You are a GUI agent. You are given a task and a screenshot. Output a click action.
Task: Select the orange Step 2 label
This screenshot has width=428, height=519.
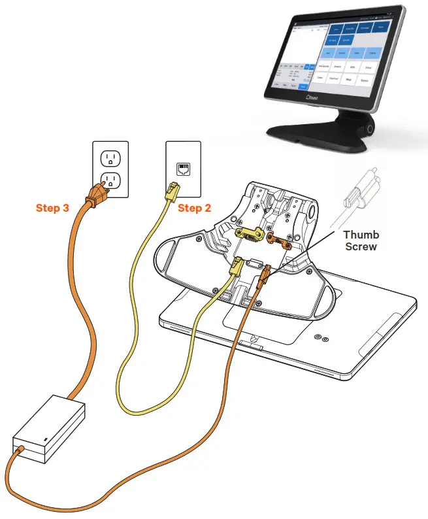pos(195,209)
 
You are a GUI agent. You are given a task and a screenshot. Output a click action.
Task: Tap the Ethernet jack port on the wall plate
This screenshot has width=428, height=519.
pos(182,169)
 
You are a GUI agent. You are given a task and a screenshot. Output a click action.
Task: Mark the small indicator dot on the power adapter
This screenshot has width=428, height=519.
pos(44,439)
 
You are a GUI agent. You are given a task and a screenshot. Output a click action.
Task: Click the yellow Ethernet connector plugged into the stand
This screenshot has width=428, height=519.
pos(237,267)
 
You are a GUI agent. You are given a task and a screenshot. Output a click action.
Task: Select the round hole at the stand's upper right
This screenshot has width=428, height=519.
pos(310,212)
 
